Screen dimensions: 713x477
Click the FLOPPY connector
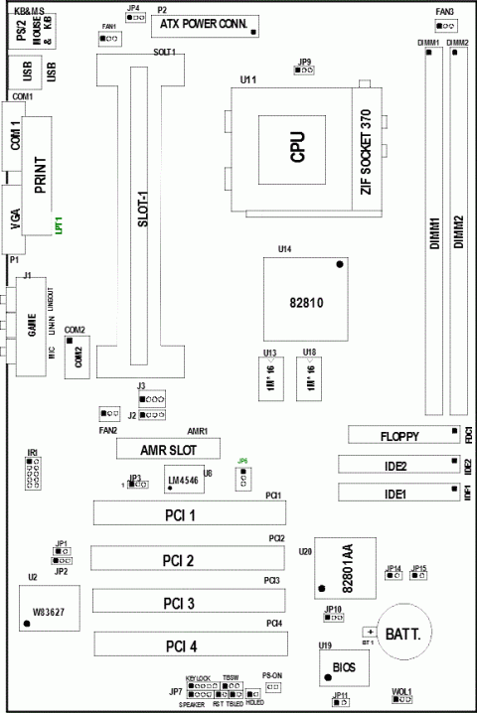(x=400, y=435)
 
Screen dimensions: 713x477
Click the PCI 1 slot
(x=189, y=513)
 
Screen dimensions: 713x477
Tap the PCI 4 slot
(x=189, y=646)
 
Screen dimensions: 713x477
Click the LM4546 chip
(x=188, y=483)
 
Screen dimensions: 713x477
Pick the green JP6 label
(x=242, y=461)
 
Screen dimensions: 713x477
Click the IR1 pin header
(x=33, y=476)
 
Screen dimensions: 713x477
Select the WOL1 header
(x=401, y=701)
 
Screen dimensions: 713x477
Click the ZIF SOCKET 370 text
(x=366, y=151)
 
